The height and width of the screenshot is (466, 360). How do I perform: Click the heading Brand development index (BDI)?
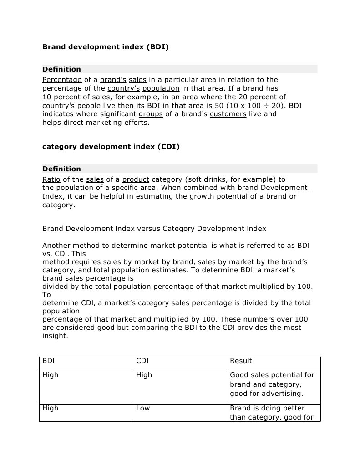105,46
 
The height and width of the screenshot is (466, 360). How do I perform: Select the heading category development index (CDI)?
111,146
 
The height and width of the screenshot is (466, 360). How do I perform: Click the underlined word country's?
123,88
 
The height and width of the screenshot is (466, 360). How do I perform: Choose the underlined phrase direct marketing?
92,123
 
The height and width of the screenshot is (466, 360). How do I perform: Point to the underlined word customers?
228,114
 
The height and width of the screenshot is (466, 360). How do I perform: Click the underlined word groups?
151,114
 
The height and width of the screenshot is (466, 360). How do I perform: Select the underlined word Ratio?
51,179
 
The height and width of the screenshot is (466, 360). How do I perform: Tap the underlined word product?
136,179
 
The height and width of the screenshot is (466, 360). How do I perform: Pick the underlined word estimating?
154,196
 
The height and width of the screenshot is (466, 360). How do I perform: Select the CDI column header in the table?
142,361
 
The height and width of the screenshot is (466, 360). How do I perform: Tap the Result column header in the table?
241,361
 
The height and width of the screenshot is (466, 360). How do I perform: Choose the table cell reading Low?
143,408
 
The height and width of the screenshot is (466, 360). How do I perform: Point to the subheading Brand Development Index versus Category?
154,229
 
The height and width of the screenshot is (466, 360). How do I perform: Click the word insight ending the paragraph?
55,336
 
